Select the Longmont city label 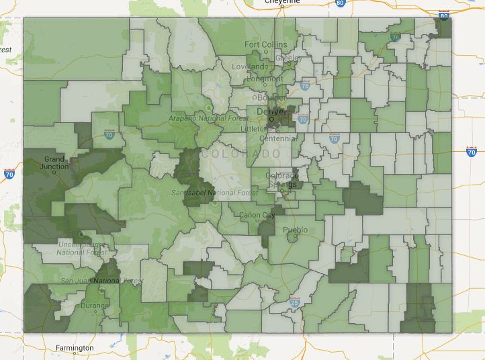pyautogui.click(x=265, y=78)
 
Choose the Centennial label pyautogui.click(x=277, y=138)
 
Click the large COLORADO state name pyautogui.click(x=240, y=154)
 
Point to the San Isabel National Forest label pyautogui.click(x=204, y=193)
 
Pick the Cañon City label pyautogui.click(x=257, y=215)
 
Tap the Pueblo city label pyautogui.click(x=295, y=230)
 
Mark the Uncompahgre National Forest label pyautogui.click(x=81, y=248)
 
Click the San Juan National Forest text pyautogui.click(x=101, y=280)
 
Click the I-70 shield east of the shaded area pyautogui.click(x=470, y=152)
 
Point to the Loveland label pyautogui.click(x=249, y=67)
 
